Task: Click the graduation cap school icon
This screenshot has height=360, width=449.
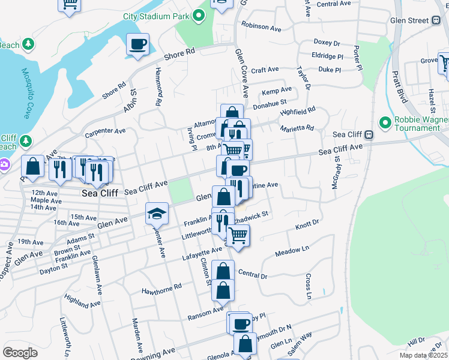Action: [x=156, y=212]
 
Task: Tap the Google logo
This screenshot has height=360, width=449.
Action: [x=20, y=353]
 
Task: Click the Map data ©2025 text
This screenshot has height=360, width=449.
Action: [x=423, y=355]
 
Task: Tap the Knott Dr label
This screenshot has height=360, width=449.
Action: [x=306, y=227]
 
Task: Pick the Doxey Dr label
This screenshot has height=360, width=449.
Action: [x=327, y=43]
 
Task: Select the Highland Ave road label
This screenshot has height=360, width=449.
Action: [x=80, y=301]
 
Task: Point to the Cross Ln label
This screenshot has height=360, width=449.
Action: [x=307, y=287]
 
